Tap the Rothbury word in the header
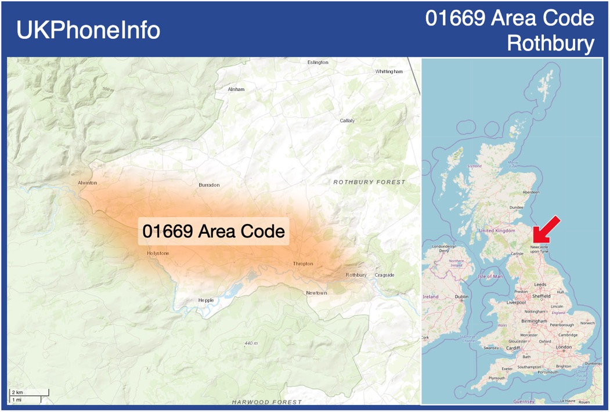[x=551, y=43]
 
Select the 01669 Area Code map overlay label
[x=214, y=231]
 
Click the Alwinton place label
[x=88, y=183]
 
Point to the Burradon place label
[x=209, y=185]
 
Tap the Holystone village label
[x=158, y=254]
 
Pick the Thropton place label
[x=303, y=263]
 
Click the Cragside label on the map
[x=384, y=275]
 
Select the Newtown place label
[x=316, y=293]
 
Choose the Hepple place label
[x=206, y=300]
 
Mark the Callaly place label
[x=347, y=121]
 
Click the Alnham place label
[x=236, y=89]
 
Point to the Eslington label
[x=317, y=62]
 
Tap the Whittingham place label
[x=388, y=71]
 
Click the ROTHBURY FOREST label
[x=369, y=182]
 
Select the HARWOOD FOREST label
[x=266, y=402]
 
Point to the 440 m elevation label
[x=251, y=344]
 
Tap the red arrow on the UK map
[x=547, y=230]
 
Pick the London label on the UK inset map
[x=564, y=347]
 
